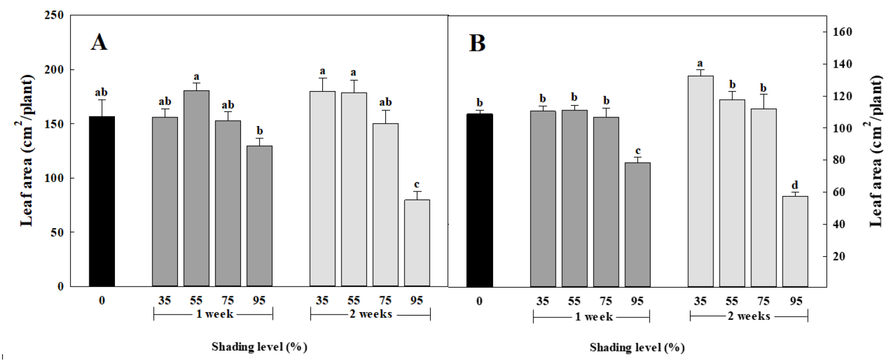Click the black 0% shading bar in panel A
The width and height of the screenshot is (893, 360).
pos(102,201)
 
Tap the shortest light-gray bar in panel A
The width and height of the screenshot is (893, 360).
pos(417,243)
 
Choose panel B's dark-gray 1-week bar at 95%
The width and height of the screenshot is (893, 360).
pos(637,224)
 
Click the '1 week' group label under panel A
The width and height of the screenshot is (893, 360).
pos(213,315)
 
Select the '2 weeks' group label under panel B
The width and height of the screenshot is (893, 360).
pos(749,316)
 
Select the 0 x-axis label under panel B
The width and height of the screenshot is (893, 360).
pos(479,301)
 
